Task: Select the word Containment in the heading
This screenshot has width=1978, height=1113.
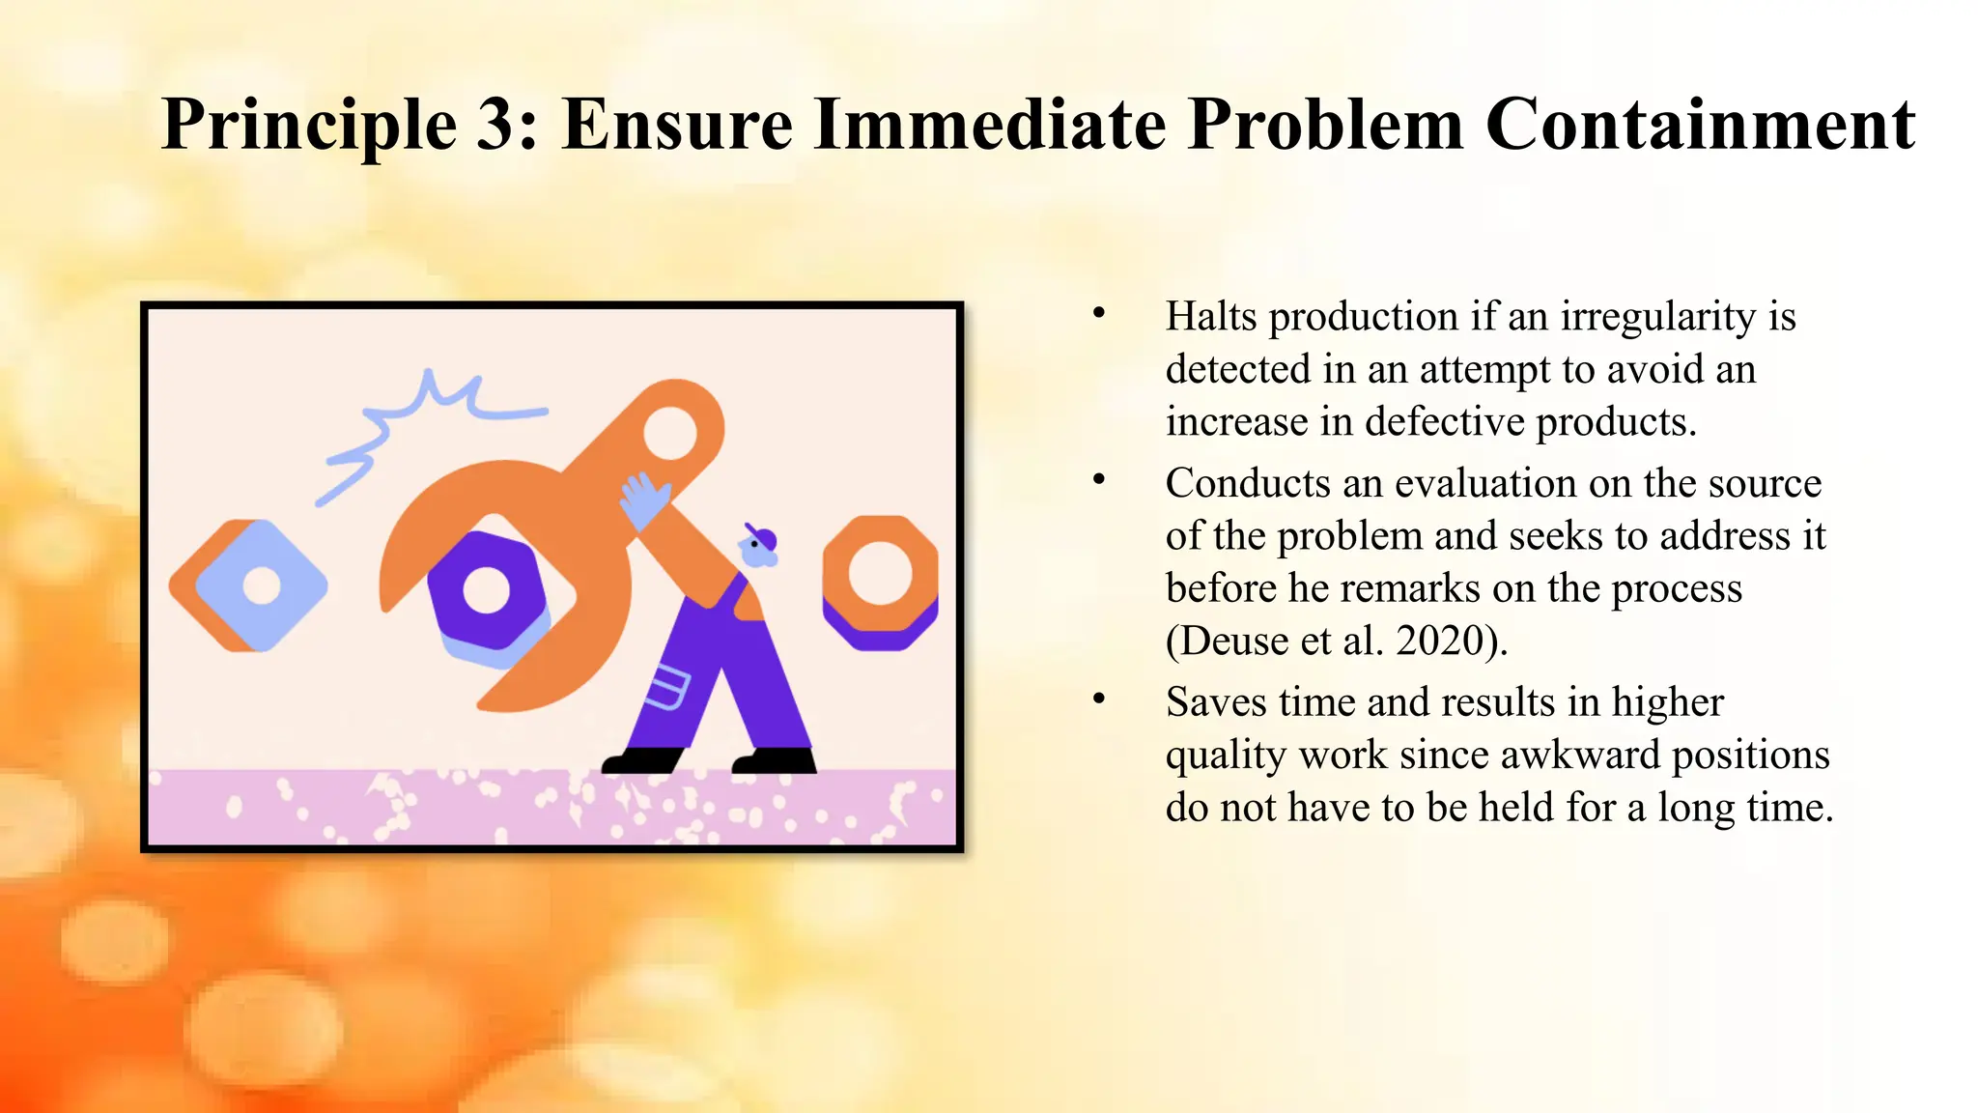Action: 1700,126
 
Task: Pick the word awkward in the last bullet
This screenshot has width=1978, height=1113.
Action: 1580,755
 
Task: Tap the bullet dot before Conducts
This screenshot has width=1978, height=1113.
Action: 1098,479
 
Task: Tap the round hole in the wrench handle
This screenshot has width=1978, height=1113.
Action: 669,432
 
